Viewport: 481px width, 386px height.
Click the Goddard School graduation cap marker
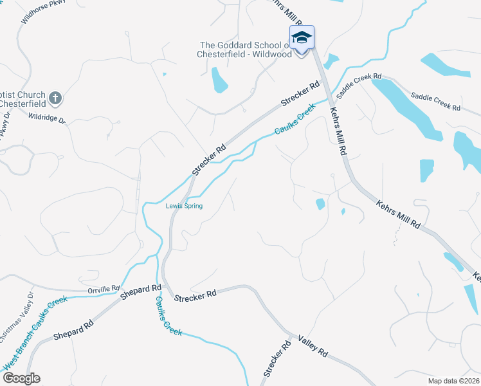301,38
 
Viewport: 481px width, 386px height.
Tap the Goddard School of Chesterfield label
250,50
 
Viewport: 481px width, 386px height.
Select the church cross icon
56,98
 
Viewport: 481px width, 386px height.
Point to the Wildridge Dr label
47,118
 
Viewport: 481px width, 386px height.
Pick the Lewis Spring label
184,206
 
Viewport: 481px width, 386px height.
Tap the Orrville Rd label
104,289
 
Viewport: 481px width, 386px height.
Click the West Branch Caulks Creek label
36,341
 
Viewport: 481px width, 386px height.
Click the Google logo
21,378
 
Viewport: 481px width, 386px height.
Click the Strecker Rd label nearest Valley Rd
274,364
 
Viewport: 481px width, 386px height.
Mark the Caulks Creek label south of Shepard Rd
168,315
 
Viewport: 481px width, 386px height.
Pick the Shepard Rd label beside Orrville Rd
140,291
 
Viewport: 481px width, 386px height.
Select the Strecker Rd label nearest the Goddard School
300,94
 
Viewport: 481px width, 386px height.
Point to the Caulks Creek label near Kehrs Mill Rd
294,120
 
